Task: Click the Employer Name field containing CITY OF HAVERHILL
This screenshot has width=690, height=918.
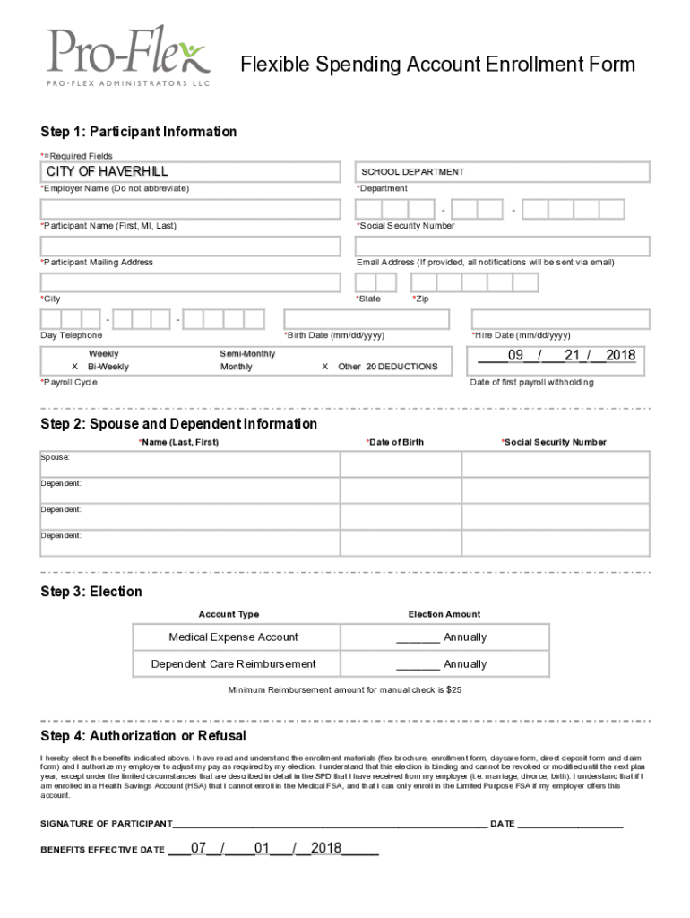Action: (190, 171)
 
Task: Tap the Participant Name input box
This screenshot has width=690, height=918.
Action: (190, 209)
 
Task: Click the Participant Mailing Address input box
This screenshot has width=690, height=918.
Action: (190, 246)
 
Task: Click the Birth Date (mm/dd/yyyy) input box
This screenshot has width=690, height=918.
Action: (372, 319)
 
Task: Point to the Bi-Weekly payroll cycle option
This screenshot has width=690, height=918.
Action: (108, 367)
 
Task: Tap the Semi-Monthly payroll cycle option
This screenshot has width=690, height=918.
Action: (247, 354)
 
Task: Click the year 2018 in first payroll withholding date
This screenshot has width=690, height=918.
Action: (620, 356)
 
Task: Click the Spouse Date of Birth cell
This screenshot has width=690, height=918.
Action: (401, 463)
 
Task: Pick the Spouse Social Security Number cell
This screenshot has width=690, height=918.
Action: (556, 463)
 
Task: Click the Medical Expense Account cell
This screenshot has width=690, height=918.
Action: (233, 637)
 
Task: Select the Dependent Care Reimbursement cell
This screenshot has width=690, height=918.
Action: (233, 664)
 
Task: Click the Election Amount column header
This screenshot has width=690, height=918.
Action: (444, 614)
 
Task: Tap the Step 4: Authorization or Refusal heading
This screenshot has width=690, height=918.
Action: (143, 736)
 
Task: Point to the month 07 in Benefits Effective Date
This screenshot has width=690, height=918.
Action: (199, 847)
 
